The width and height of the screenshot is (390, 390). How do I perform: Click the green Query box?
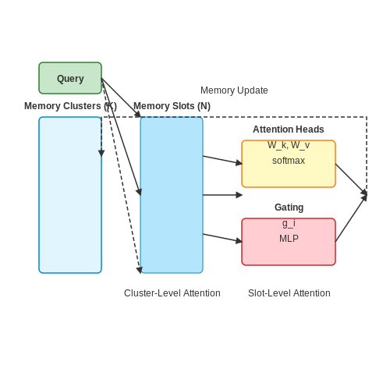click(70, 78)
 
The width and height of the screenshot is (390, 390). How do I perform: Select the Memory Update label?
click(234, 90)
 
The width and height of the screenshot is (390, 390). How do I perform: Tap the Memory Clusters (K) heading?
click(70, 106)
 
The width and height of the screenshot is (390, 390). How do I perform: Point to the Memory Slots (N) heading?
click(172, 106)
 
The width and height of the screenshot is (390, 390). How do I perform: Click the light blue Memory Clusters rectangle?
click(70, 195)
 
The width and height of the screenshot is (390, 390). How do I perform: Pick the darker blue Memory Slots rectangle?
click(172, 195)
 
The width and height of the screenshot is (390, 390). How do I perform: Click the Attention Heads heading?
click(289, 129)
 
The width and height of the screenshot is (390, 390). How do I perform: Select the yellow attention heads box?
click(289, 164)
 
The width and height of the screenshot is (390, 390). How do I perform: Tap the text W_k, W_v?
click(289, 145)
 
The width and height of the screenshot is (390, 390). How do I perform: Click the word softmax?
click(289, 161)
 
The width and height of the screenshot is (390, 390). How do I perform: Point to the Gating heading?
click(289, 207)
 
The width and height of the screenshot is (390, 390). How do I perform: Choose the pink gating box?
click(289, 242)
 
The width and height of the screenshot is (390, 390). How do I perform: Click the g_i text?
click(289, 223)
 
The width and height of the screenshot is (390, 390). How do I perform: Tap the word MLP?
click(289, 239)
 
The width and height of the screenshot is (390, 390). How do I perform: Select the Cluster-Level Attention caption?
click(172, 293)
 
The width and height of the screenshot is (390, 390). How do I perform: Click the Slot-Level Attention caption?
click(289, 293)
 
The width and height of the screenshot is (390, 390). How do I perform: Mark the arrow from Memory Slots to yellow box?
click(222, 160)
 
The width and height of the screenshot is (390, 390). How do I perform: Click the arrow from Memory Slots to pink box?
click(222, 238)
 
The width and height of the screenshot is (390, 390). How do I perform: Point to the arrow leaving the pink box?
click(351, 218)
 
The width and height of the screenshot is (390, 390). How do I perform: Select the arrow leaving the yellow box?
click(351, 179)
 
